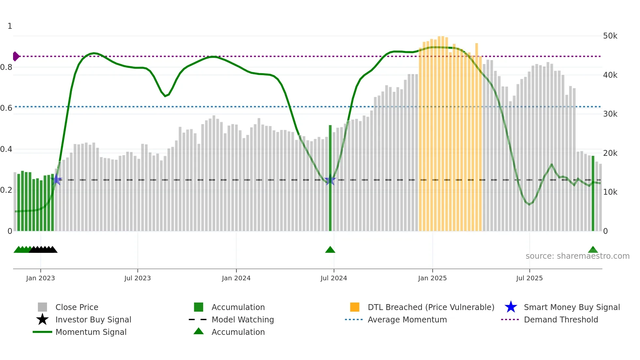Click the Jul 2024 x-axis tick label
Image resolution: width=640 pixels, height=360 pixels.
point(333,278)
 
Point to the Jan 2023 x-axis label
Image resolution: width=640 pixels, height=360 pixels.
point(40,278)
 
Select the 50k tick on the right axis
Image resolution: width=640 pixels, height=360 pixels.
point(610,36)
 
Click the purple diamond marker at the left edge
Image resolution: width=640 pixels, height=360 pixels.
point(16,57)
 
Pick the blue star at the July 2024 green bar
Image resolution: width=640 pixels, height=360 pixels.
point(330,180)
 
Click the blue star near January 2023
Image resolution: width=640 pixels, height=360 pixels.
point(56,179)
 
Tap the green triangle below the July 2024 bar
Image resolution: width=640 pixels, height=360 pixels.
point(330,250)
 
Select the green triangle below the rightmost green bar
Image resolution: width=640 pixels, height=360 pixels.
point(593,250)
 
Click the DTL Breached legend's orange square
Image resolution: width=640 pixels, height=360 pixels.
point(355,307)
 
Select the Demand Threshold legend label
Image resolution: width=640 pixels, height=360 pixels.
point(561,319)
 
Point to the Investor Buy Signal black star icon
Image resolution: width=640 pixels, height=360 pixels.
point(42,319)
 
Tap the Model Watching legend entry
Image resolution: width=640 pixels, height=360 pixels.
point(242,319)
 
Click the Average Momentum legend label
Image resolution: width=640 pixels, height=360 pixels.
point(407,319)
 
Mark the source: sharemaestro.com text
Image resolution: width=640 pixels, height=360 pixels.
point(577,256)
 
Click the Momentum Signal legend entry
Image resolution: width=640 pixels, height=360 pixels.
point(91,332)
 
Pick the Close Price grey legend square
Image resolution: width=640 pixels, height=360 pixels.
point(42,307)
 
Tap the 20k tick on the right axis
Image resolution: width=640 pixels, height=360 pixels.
point(610,153)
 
